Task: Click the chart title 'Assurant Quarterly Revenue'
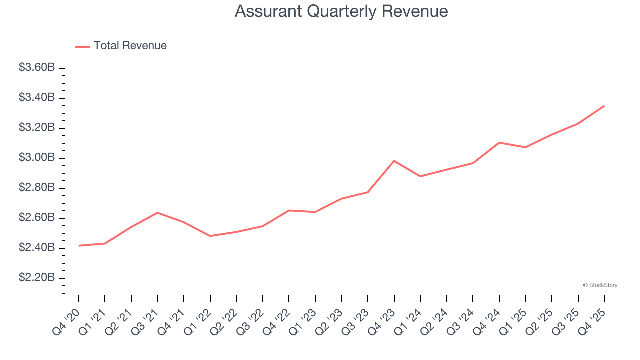(341, 11)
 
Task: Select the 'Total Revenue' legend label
(130, 46)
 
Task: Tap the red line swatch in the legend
(82, 46)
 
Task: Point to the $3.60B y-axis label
(37, 67)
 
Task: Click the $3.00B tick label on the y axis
(37, 158)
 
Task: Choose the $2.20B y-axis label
(37, 278)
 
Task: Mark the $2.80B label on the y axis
(37, 188)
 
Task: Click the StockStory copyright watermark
(600, 285)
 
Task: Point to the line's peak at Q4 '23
(394, 161)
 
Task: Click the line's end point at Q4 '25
(604, 106)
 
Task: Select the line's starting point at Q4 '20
(79, 246)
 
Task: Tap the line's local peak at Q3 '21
(157, 213)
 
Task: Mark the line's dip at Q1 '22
(210, 236)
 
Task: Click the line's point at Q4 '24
(499, 142)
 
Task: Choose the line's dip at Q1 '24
(420, 176)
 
